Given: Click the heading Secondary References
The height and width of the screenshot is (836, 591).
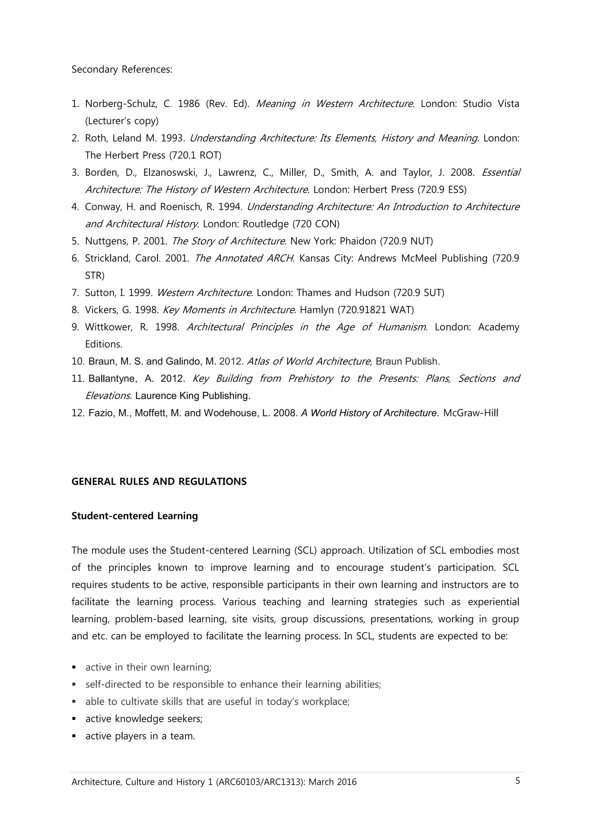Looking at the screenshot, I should point(121,69).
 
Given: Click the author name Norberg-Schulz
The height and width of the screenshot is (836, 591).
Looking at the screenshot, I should point(121,104).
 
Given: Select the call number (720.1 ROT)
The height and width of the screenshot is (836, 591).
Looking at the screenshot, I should point(195,155).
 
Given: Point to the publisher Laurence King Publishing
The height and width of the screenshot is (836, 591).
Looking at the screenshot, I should point(193,396).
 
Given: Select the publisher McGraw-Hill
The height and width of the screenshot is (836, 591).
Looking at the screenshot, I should point(470,413).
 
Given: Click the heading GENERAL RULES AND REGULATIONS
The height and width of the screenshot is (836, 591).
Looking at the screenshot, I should point(159,481).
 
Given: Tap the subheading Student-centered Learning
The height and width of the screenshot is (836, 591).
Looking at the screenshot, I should point(135,516).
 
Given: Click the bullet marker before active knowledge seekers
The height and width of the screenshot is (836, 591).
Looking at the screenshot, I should point(74,719).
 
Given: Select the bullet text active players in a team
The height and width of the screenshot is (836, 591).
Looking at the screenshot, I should point(140,736).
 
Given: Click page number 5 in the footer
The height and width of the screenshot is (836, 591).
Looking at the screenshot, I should point(517,781).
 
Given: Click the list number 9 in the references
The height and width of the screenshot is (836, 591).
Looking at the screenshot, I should point(75,327).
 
